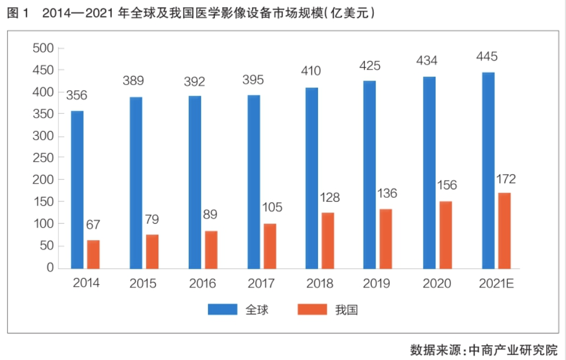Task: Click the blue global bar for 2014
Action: [77, 189]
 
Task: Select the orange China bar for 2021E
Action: [504, 230]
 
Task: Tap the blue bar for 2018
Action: [312, 177]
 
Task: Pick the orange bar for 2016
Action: [211, 250]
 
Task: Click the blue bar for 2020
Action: [430, 172]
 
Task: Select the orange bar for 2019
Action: [386, 238]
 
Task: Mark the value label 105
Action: [271, 207]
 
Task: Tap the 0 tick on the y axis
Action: [50, 268]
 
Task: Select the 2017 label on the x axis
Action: [262, 283]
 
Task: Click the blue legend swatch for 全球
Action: [223, 309]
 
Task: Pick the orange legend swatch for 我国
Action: [312, 309]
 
